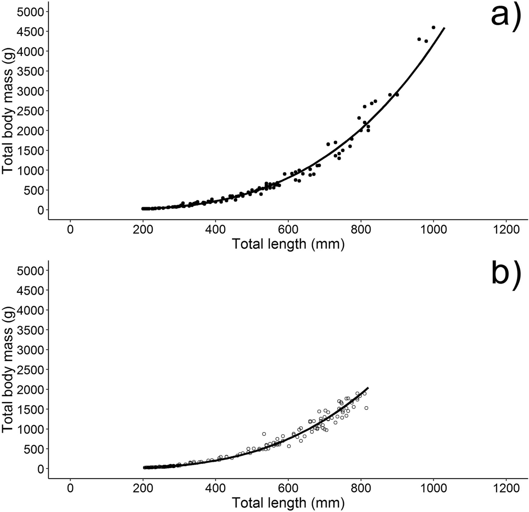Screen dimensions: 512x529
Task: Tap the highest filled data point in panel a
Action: pos(433,28)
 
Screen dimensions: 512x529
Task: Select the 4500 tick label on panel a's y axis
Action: pos(32,31)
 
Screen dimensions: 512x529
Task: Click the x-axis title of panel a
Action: pos(288,244)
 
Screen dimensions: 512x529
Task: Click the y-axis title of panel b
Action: pos(8,369)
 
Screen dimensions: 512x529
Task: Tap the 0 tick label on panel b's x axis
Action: pos(71,487)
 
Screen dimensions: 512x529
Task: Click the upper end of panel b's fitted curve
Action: pos(368,388)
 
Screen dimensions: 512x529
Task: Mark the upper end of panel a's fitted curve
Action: pos(444,28)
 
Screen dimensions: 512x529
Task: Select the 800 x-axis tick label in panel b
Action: pos(361,487)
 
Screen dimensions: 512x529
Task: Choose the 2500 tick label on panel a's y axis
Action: pos(32,111)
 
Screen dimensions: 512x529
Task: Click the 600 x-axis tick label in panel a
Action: pos(288,228)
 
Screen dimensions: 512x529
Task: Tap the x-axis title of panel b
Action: pos(288,503)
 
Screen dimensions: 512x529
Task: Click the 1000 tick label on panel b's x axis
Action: pos(433,487)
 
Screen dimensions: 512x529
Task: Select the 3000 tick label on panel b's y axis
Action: pos(32,349)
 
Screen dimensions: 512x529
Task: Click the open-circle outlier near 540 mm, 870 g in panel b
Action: pos(264,434)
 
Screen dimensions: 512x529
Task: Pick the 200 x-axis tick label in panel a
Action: pos(143,228)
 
